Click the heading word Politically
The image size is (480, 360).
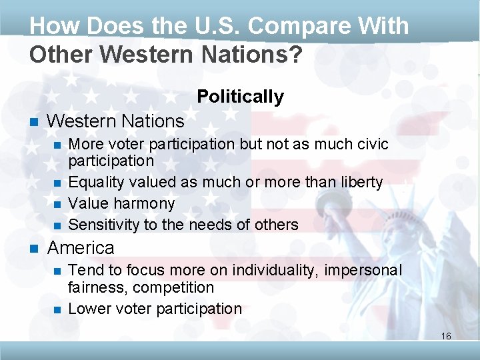pyautogui.click(x=240, y=97)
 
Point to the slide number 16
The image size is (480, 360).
pyautogui.click(x=446, y=336)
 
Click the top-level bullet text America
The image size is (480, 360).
pyautogui.click(x=81, y=248)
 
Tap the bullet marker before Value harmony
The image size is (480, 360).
pyautogui.click(x=57, y=203)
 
